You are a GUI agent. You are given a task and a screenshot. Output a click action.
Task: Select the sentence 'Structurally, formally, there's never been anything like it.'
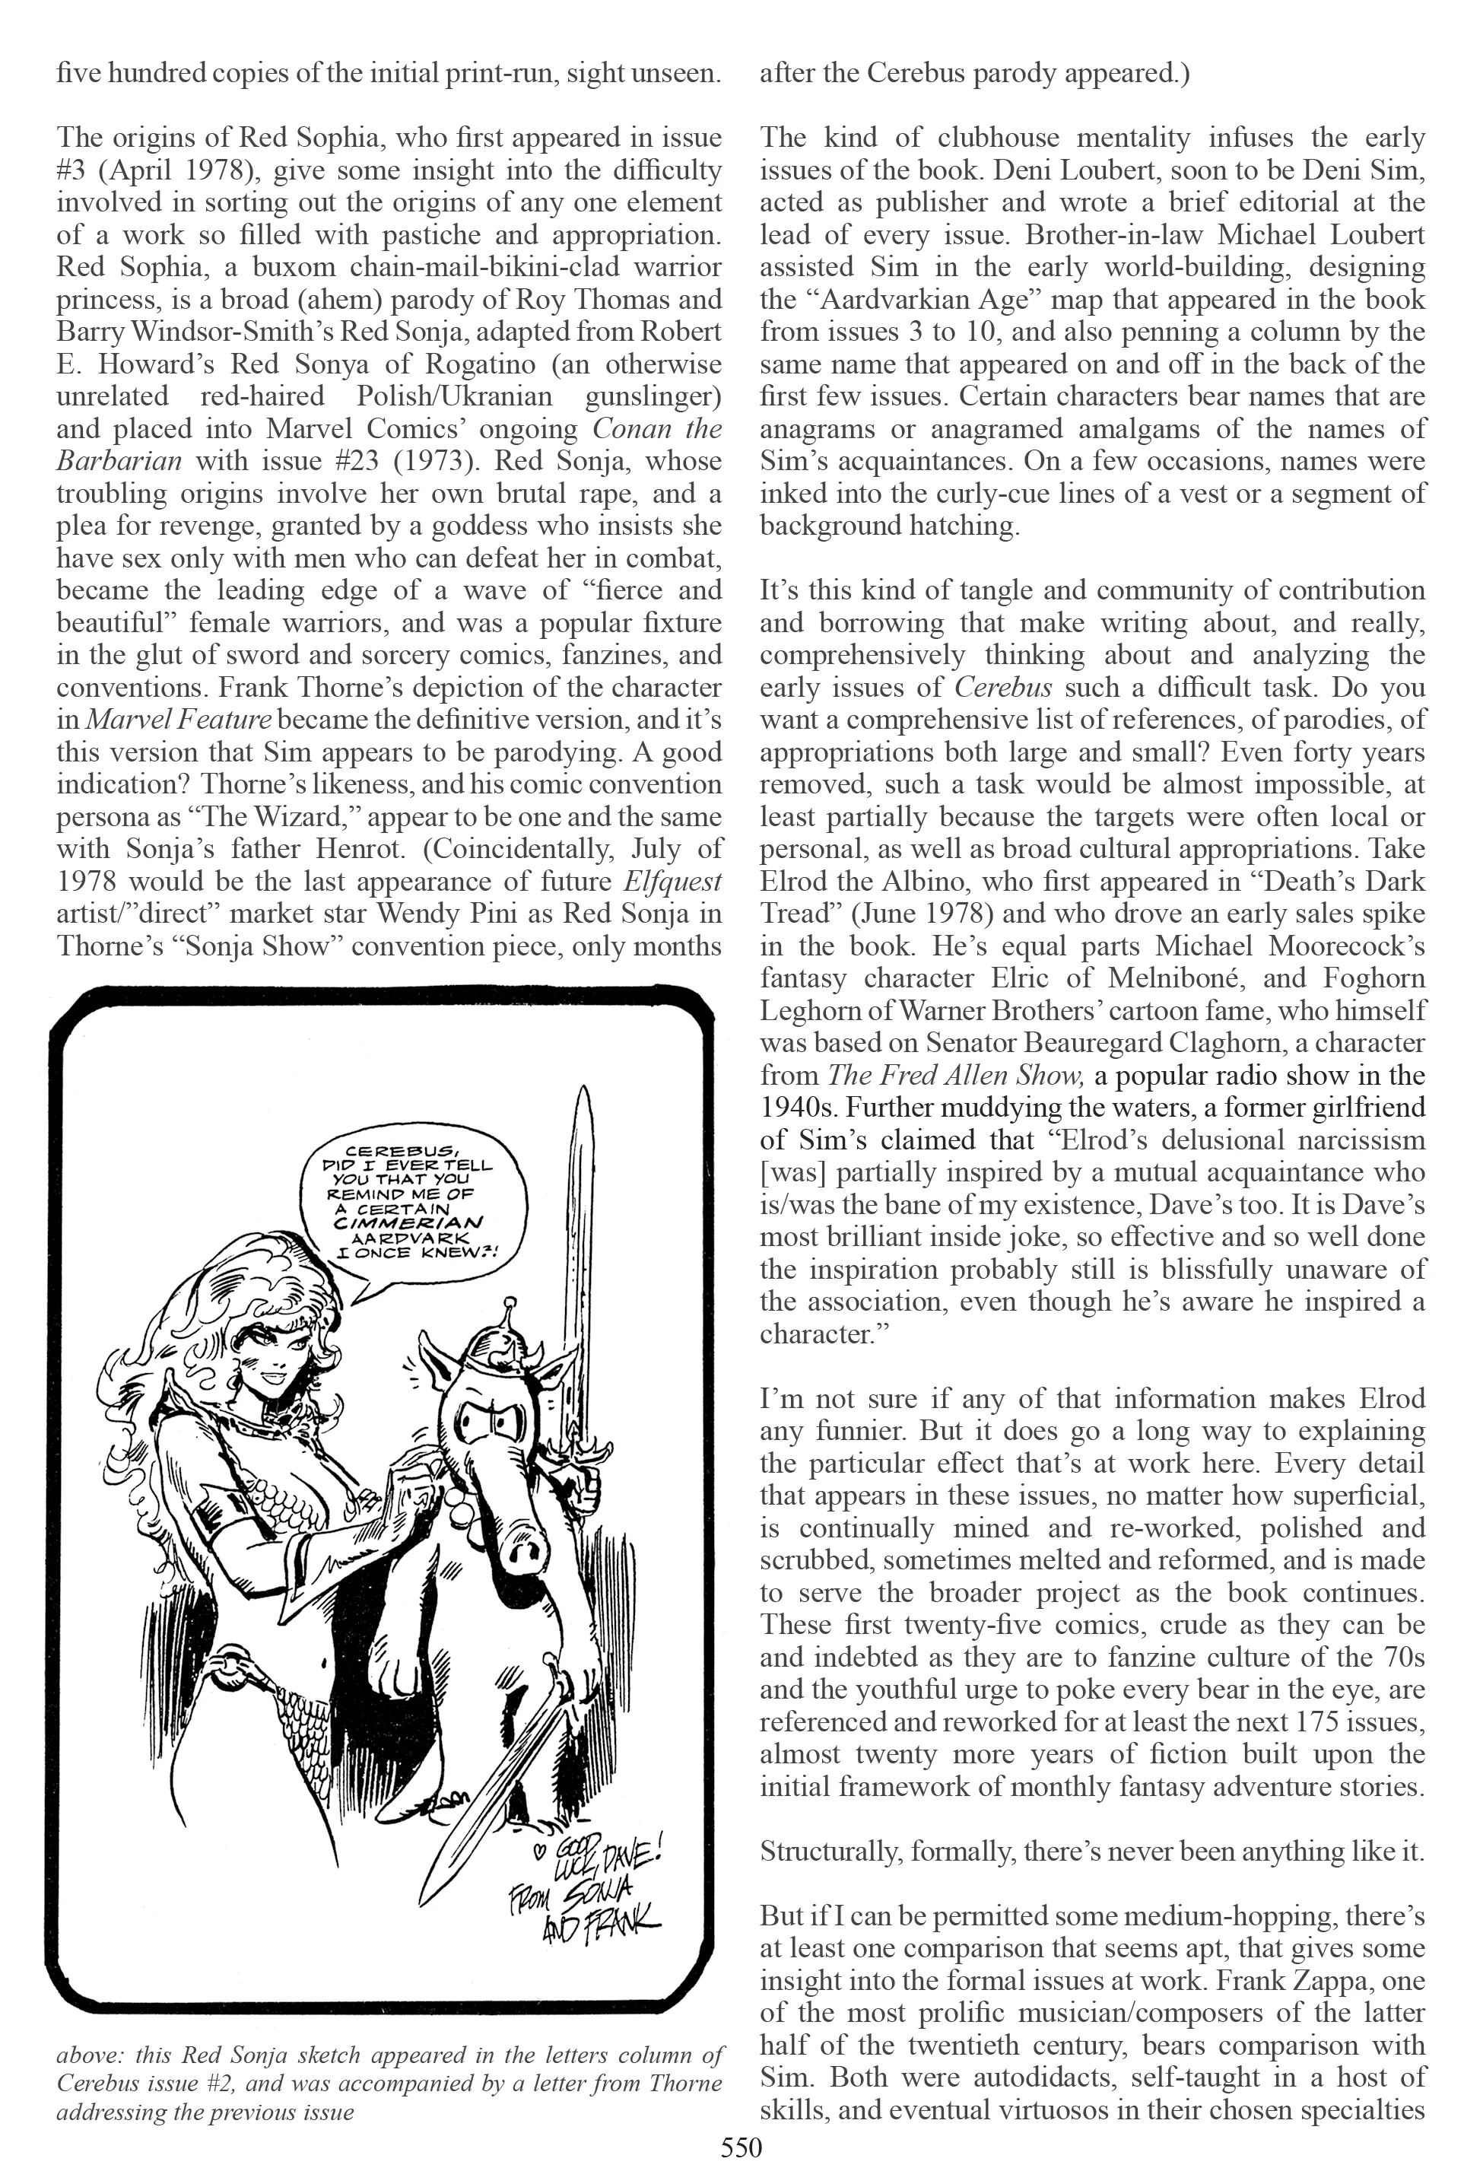tap(1092, 1852)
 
